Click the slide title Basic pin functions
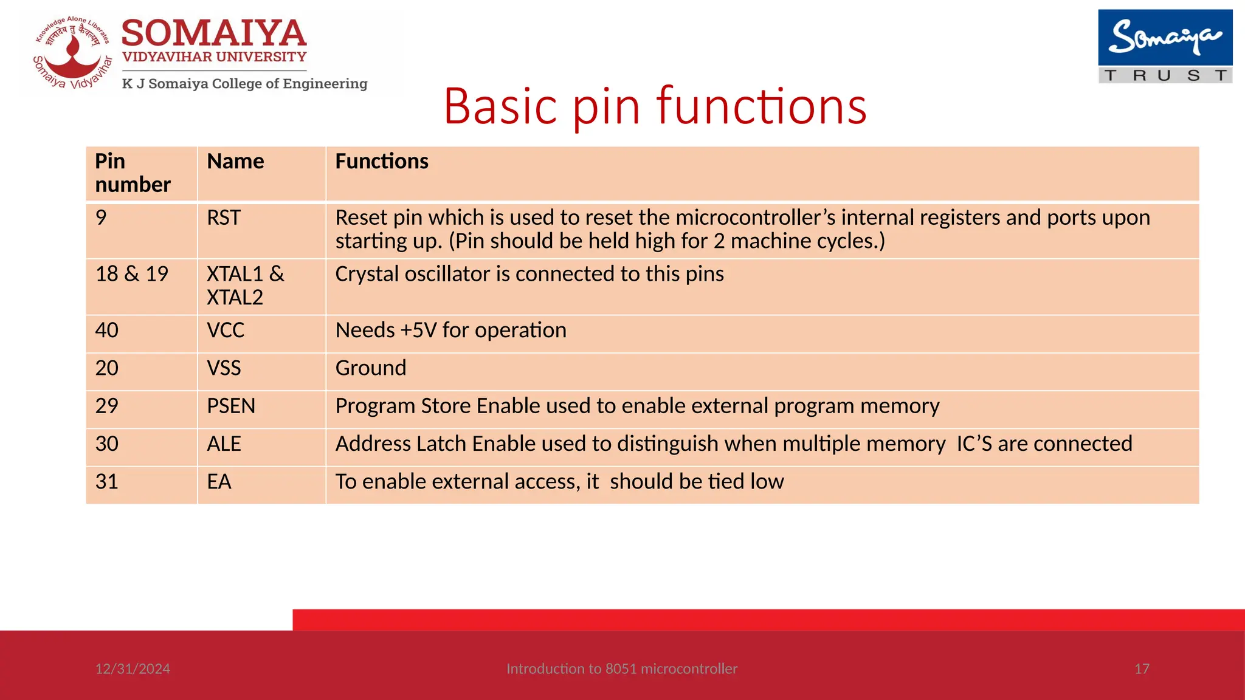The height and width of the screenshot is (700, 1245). click(x=655, y=106)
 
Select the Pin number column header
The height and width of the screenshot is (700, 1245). click(x=133, y=173)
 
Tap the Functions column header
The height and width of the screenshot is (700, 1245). click(x=382, y=162)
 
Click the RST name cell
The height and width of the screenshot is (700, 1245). click(x=224, y=218)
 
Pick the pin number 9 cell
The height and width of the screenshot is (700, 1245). click(x=102, y=218)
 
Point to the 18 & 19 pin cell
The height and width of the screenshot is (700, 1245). click(x=132, y=274)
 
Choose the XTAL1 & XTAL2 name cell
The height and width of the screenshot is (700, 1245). click(x=245, y=286)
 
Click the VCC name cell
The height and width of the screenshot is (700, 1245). click(x=226, y=331)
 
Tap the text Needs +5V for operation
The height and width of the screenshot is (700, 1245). click(x=450, y=331)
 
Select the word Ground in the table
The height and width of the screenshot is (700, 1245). click(x=371, y=368)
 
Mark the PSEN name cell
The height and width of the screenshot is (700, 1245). click(x=231, y=406)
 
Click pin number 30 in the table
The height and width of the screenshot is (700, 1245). click(x=107, y=444)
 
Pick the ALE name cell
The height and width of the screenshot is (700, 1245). click(x=224, y=444)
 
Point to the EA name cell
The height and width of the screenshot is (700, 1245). click(x=219, y=482)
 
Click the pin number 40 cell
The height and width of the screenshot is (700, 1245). click(x=107, y=331)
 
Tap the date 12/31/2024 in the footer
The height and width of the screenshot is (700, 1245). click(x=133, y=669)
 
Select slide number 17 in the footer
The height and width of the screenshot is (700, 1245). click(x=1142, y=669)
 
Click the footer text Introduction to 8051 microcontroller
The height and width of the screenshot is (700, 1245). click(x=622, y=669)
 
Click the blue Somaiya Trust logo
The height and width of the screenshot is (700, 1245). click(x=1165, y=46)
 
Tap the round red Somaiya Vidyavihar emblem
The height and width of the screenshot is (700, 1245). click(x=72, y=53)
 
